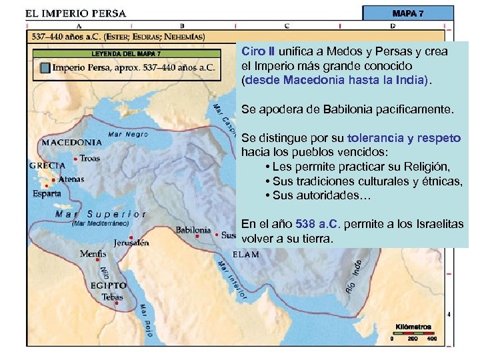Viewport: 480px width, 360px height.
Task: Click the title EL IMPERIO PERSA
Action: pyautogui.click(x=75, y=13)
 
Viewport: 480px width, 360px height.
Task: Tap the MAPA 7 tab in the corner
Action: pyautogui.click(x=407, y=13)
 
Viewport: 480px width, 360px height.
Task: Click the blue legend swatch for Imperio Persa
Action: pyautogui.click(x=44, y=67)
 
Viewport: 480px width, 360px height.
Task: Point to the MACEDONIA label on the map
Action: pyautogui.click(x=72, y=142)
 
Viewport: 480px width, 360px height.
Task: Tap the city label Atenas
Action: pyautogui.click(x=71, y=179)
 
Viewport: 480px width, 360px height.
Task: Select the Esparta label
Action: pyautogui.click(x=47, y=193)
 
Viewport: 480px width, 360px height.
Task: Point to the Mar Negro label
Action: pyautogui.click(x=123, y=134)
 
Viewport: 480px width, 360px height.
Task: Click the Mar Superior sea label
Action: pyautogui.click(x=101, y=214)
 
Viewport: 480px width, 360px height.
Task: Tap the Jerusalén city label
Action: pyautogui.click(x=131, y=243)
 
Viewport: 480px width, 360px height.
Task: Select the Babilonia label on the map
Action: pyautogui.click(x=193, y=230)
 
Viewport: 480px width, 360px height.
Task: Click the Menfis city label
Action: pyautogui.click(x=93, y=254)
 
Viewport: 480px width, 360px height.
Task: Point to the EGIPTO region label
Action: pyautogui.click(x=109, y=285)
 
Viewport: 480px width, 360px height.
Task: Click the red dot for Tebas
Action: pyautogui.click(x=117, y=303)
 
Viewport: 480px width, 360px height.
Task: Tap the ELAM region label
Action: pyautogui.click(x=245, y=255)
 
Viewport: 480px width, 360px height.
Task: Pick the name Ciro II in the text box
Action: pyautogui.click(x=257, y=51)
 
